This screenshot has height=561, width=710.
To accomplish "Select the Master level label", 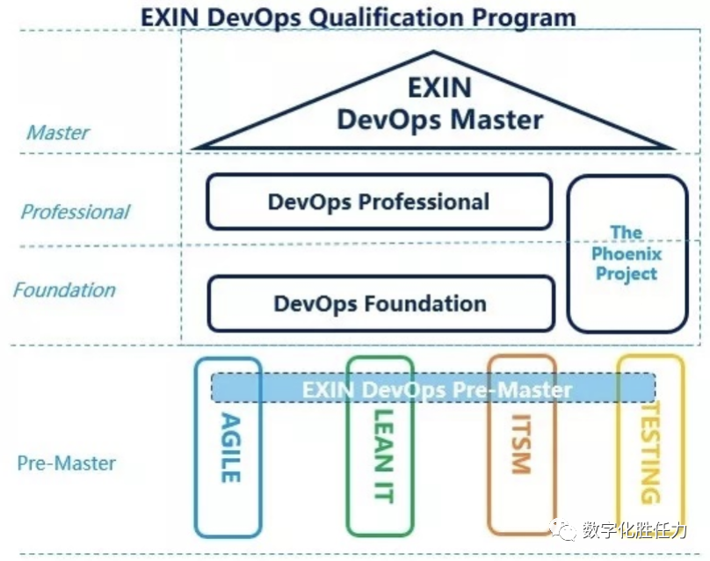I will [x=58, y=133].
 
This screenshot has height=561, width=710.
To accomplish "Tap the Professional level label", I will [x=76, y=212].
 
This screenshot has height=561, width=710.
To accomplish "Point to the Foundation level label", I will [x=64, y=290].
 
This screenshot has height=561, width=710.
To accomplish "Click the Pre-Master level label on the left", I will [x=67, y=463].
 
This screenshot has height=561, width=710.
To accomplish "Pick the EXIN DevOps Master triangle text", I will [x=439, y=104].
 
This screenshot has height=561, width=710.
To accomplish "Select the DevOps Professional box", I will [x=379, y=201].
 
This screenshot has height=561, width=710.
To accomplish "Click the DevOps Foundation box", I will [x=380, y=304].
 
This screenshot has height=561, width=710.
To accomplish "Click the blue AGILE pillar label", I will [x=228, y=447].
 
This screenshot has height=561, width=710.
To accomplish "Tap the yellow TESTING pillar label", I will [x=648, y=453].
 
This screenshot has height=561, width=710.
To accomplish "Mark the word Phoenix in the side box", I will [x=627, y=254].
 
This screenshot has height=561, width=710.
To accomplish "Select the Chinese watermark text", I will [x=631, y=531].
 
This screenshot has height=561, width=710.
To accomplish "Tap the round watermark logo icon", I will [x=561, y=531].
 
